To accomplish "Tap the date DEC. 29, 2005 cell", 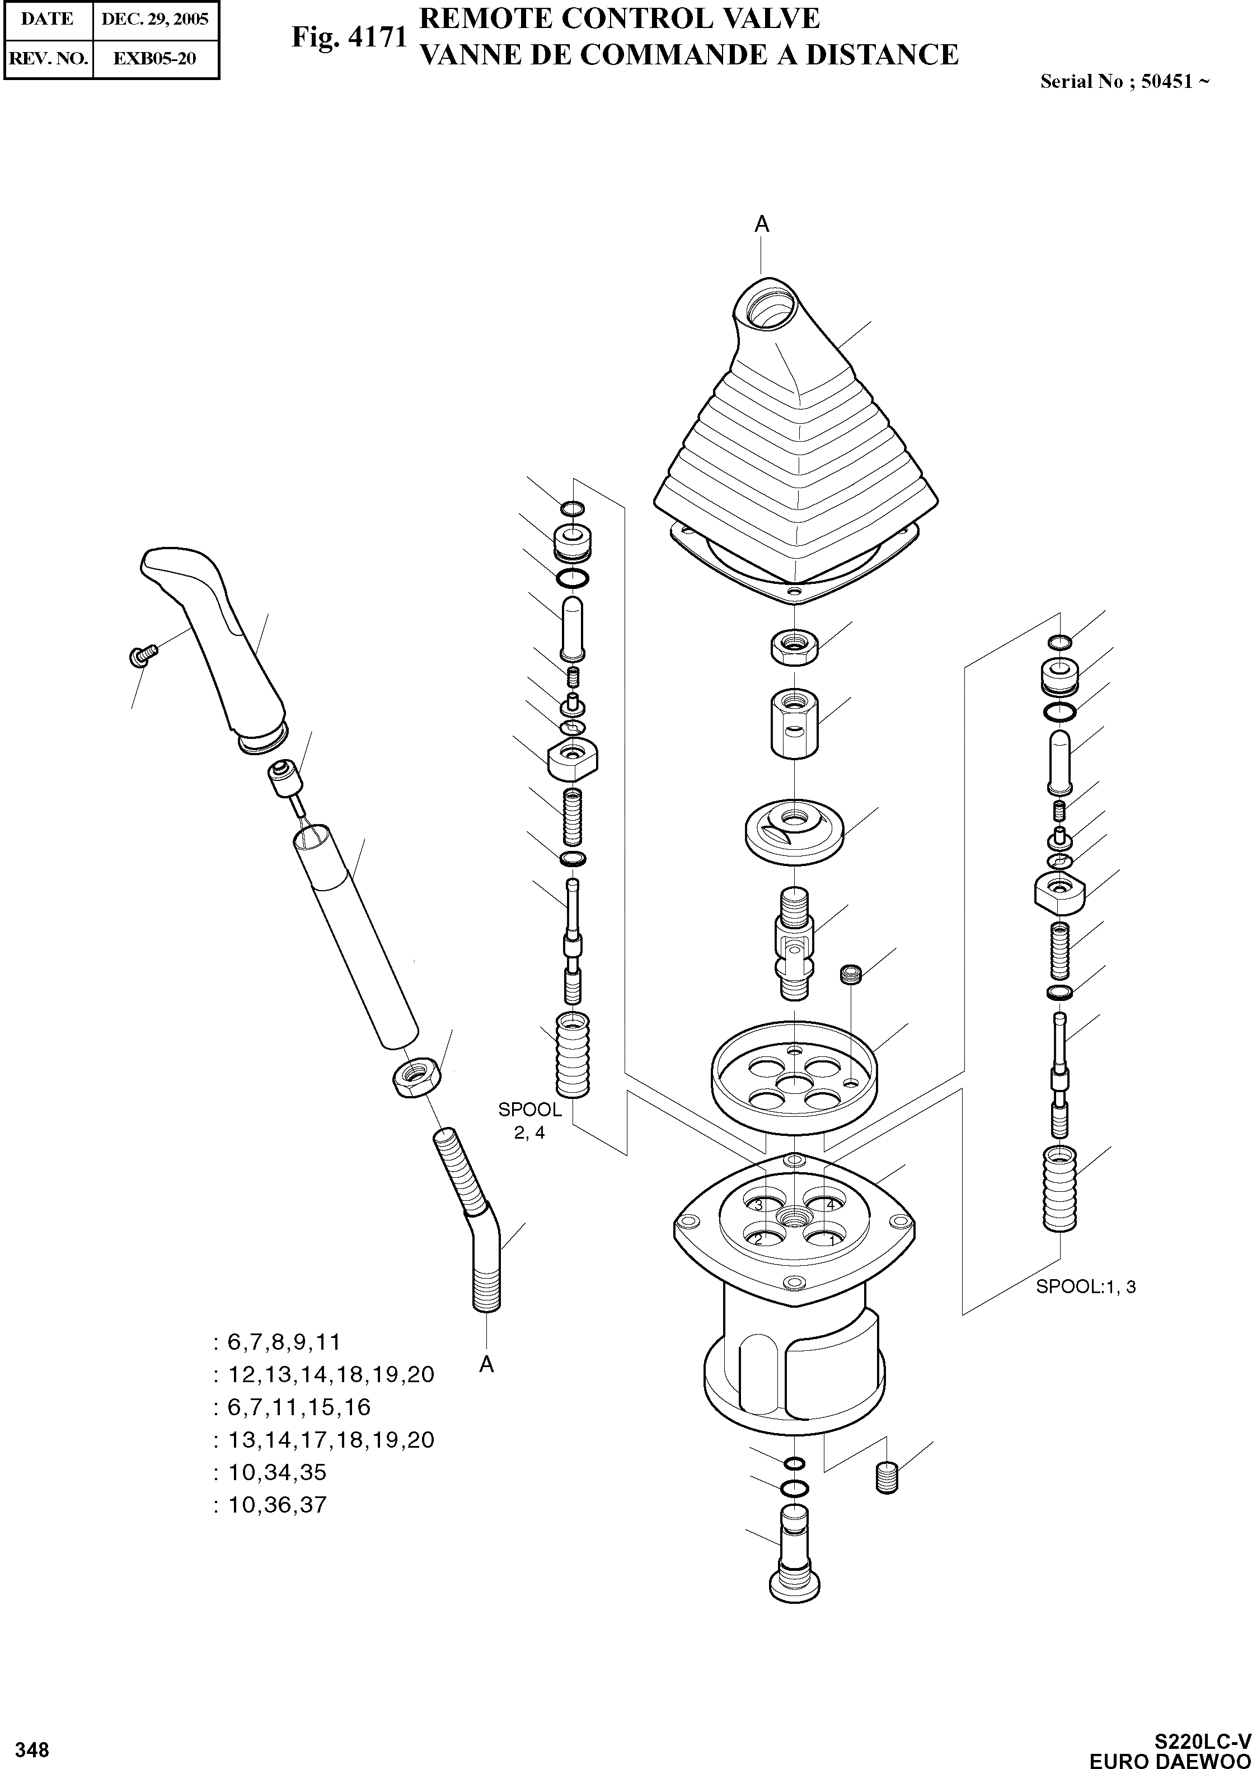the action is [155, 18].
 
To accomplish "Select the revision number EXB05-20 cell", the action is [155, 58].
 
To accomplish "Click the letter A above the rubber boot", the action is [762, 224].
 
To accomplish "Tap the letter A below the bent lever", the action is [486, 1365].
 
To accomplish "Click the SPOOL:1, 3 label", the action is [1085, 1287].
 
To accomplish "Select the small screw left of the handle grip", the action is [139, 656].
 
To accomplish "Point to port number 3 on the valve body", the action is [758, 1205].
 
